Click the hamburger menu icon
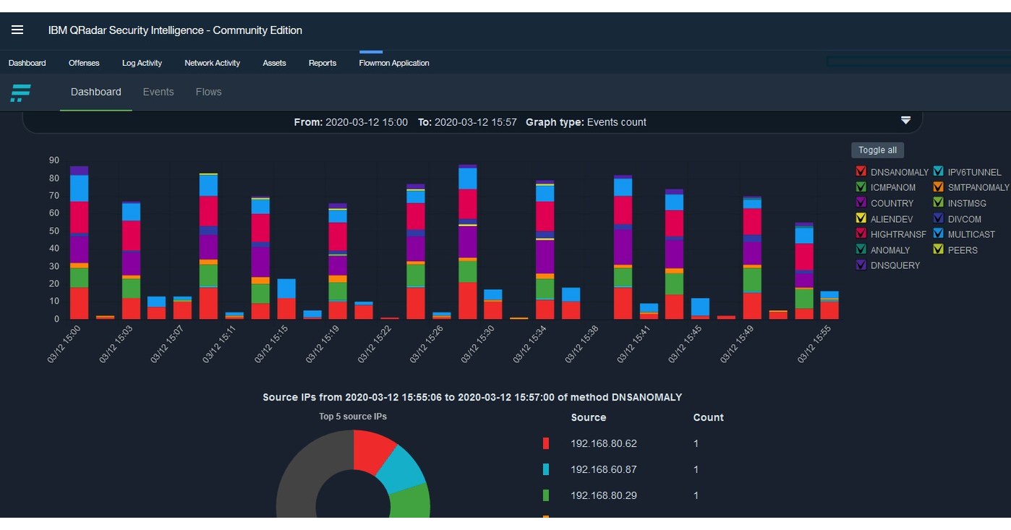pos(17,30)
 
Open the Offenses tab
pos(84,63)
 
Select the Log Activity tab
pos(142,63)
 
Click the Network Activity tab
pos(212,63)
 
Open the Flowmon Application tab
pos(393,63)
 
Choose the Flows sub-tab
pos(208,92)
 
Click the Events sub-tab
pos(158,92)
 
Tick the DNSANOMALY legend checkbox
pos(861,172)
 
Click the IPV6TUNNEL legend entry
pos(974,172)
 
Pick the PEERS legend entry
pos(963,250)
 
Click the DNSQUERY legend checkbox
pos(861,265)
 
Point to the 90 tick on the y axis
pos(54,161)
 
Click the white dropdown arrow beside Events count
pos(905,121)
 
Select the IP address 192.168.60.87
pos(603,469)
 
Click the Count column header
pos(708,417)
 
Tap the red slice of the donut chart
pos(374,452)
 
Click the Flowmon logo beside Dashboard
pos(20,93)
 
